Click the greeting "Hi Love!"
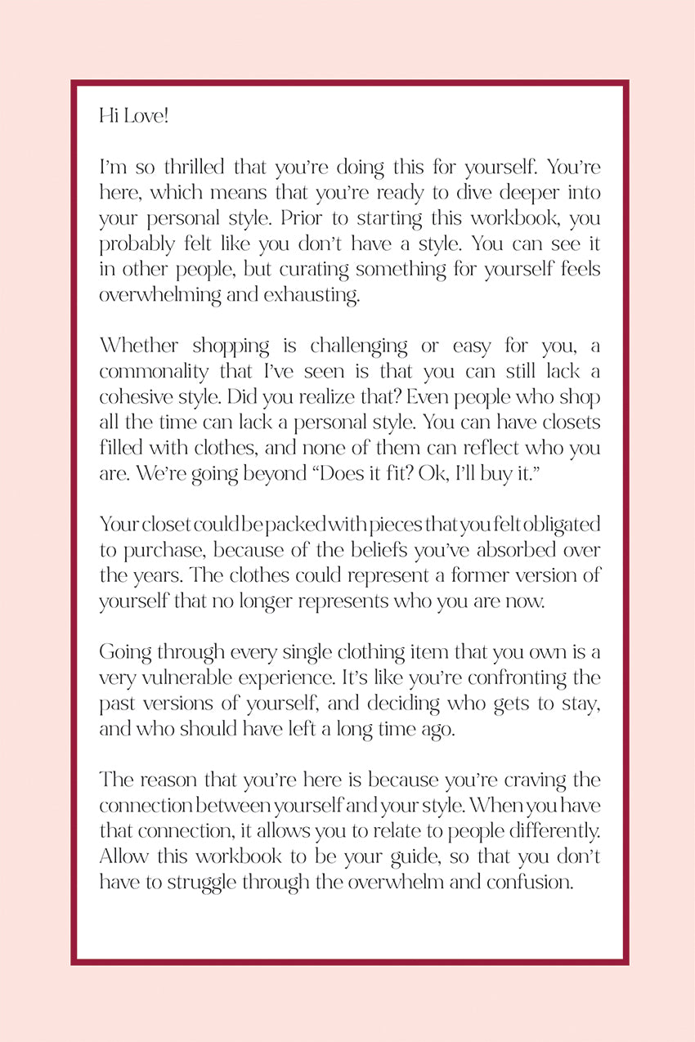pos(133,116)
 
